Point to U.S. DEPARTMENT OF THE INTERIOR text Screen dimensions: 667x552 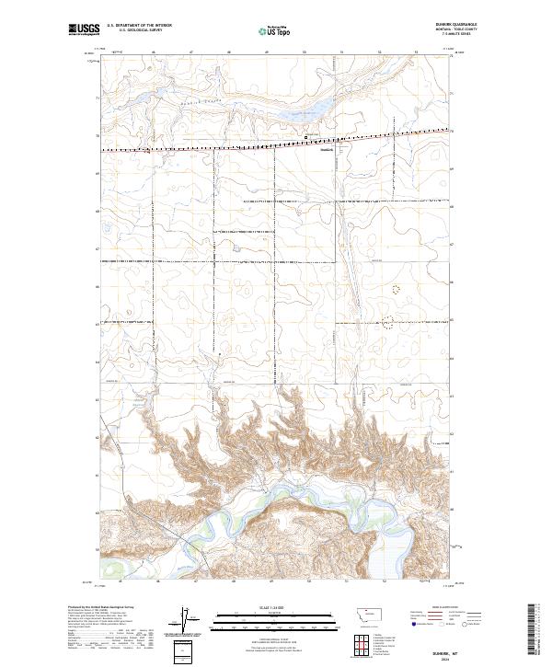coord(140,27)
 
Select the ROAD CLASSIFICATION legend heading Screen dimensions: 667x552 coord(437,608)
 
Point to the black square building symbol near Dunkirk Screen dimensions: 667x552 coord(306,139)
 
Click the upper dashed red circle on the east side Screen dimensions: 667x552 coord(397,289)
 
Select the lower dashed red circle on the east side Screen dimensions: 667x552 coord(387,321)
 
